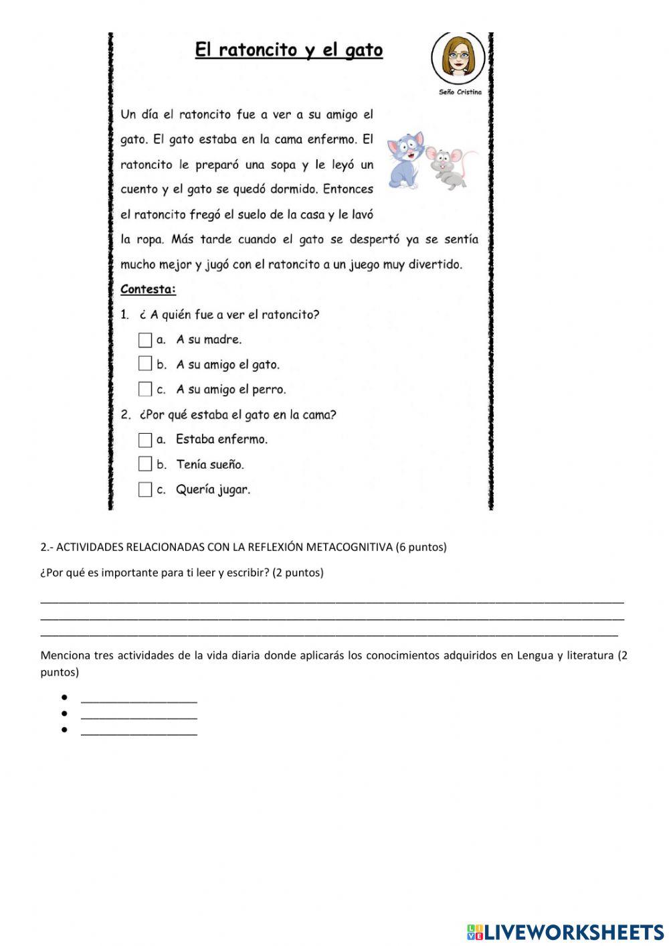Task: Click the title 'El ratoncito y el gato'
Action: pos(288,50)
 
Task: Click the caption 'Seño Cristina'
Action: pos(460,92)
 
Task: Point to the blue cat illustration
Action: pos(406,159)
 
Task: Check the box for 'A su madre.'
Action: pos(145,340)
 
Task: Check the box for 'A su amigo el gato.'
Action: pos(145,364)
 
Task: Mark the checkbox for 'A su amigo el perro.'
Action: pos(145,389)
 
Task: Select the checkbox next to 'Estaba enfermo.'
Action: pos(145,440)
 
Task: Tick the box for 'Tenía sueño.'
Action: pos(145,464)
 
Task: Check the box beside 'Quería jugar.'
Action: pos(145,489)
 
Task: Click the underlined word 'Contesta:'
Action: pos(148,290)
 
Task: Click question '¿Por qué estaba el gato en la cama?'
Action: pos(237,414)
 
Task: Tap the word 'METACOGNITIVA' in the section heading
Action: pos(349,547)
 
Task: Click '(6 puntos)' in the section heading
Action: pos(421,547)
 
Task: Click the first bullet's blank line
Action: pos(139,699)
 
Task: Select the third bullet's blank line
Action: pos(139,731)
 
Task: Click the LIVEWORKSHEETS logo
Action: pos(565,931)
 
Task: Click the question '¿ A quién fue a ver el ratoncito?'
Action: pos(229,315)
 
